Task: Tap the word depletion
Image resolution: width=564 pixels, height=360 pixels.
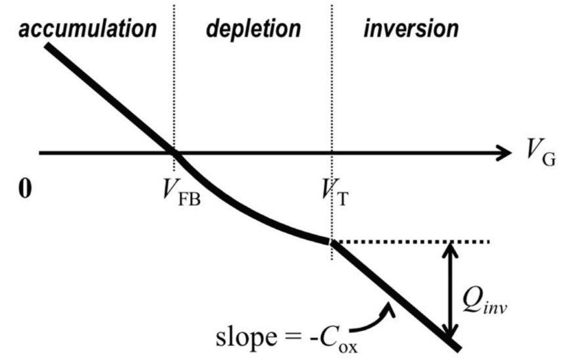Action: tap(253, 30)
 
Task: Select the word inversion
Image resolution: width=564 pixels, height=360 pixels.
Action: tap(411, 30)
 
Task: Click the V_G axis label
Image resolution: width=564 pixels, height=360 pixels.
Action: tap(539, 156)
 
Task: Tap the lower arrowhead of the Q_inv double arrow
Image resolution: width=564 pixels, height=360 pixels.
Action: tap(451, 333)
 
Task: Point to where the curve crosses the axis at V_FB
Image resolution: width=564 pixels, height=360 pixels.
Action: tap(174, 153)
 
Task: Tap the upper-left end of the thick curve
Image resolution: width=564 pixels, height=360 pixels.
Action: tap(47, 46)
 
